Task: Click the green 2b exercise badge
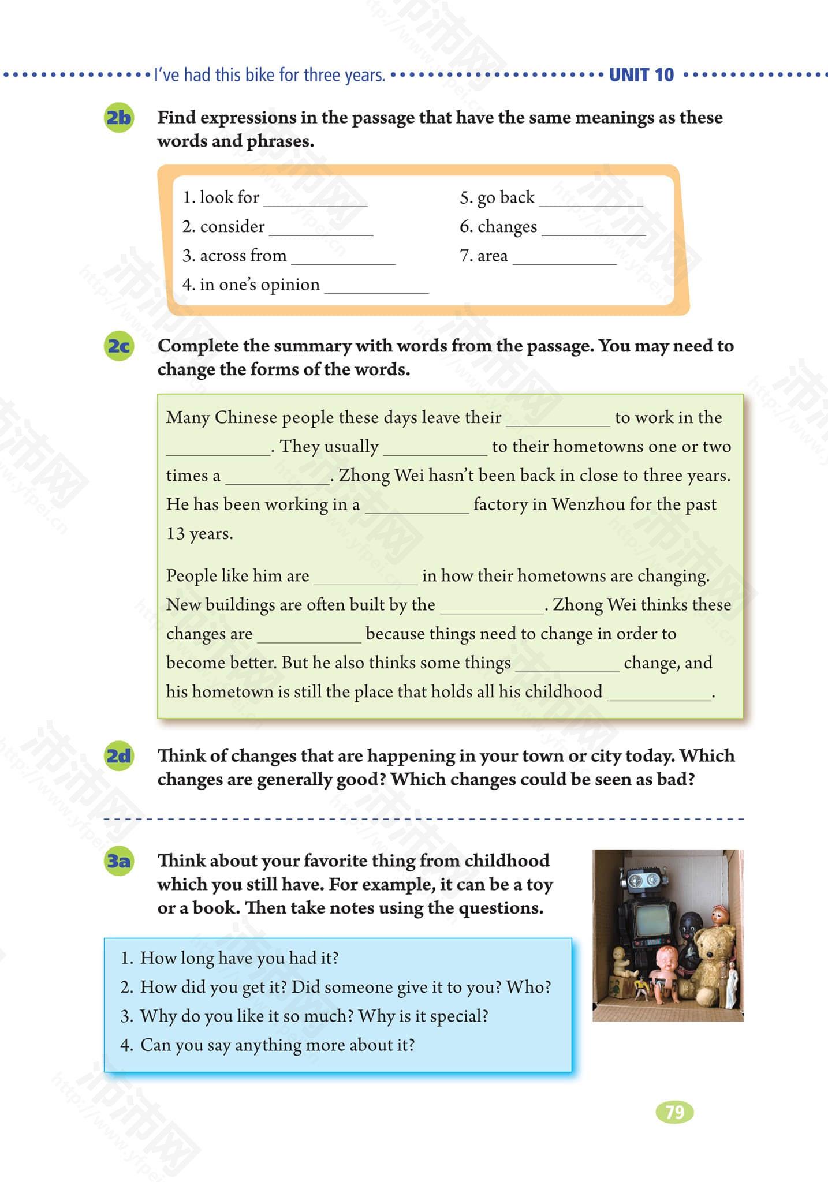118,118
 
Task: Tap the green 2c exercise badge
118,346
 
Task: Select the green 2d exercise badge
118,755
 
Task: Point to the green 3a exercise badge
118,861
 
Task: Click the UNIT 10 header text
641,75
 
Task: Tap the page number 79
674,1112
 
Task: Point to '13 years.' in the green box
200,533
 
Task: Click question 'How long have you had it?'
239,958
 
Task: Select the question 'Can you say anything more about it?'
277,1045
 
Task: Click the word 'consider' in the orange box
232,227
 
